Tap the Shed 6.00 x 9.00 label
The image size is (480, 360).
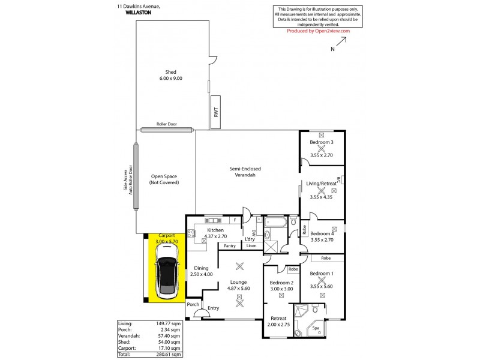[x=170, y=75]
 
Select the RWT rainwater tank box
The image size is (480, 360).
[x=215, y=112]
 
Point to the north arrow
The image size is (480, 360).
[x=339, y=44]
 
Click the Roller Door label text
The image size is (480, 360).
[x=166, y=124]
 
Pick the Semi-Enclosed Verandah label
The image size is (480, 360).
[x=245, y=172]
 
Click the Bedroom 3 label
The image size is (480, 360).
[x=322, y=142]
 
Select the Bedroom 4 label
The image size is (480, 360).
[x=322, y=233]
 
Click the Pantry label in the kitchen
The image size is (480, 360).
[x=229, y=246]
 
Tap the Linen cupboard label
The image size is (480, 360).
[x=251, y=246]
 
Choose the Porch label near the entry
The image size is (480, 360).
[x=193, y=304]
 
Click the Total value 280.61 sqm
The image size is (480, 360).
[x=166, y=355]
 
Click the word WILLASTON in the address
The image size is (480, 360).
[x=139, y=12]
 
